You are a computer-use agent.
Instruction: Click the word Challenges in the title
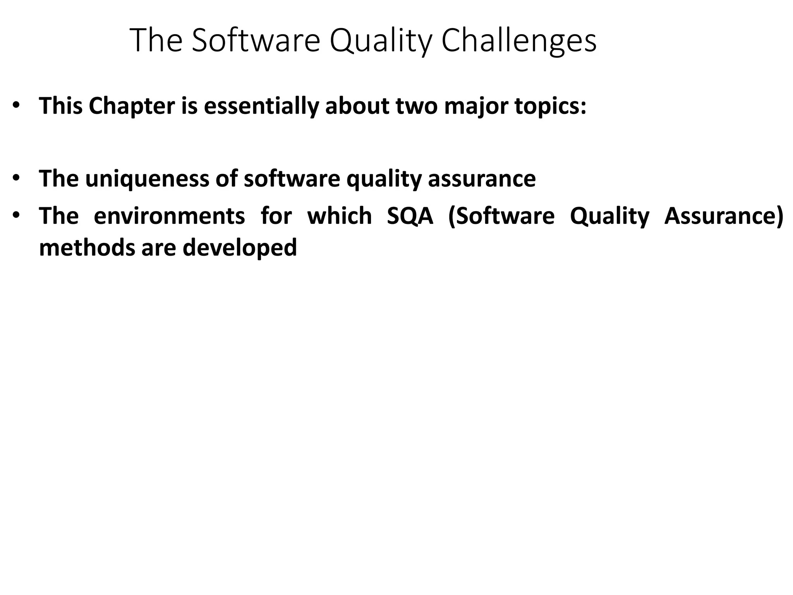(x=519, y=41)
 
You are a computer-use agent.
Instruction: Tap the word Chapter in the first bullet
(x=132, y=106)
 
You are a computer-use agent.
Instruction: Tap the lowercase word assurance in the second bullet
(x=482, y=179)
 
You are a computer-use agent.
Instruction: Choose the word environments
(x=169, y=216)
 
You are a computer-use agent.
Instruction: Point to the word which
(x=339, y=216)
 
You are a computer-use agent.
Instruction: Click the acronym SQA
(x=410, y=216)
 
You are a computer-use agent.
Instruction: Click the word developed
(x=240, y=248)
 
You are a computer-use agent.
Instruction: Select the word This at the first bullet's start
(x=61, y=106)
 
